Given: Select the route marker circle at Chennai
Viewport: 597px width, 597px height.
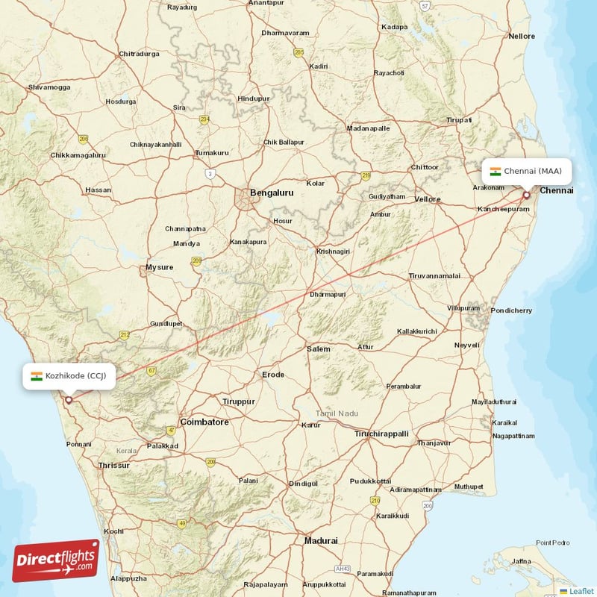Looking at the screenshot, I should point(526,196).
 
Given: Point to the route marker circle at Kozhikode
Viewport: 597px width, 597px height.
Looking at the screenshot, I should point(69,399).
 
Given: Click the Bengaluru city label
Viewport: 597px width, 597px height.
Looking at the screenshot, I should point(272,193).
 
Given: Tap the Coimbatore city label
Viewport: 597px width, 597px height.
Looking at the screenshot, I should point(204,422).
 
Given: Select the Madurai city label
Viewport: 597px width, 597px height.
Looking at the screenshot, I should point(321,540).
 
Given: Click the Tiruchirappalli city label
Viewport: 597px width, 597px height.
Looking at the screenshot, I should point(381,434).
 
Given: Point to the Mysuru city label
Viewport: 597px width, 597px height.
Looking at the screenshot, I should point(160,267).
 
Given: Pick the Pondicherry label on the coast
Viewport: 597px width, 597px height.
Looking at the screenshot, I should point(511,310).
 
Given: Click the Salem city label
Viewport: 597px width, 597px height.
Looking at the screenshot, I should point(319,349).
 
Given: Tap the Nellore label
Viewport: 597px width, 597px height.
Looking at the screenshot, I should point(522,36).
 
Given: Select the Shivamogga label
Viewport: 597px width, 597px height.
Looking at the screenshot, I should point(49,87).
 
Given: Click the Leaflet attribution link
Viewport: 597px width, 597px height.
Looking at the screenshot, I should point(581,591).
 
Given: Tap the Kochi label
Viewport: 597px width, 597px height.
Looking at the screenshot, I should point(114,531).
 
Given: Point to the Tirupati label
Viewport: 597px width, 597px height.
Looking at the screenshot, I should point(459,120).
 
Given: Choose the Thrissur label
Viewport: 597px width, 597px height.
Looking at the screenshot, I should point(114,466).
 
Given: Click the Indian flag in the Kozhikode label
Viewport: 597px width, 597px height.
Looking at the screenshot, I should point(37,376).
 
